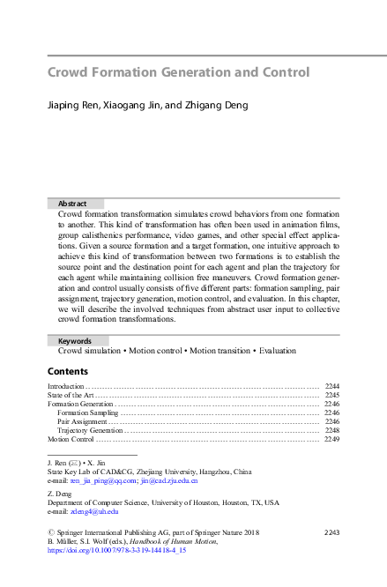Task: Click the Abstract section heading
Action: (x=72, y=204)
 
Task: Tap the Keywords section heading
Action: (x=75, y=340)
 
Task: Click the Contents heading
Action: (x=68, y=371)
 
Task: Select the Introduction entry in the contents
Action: (x=66, y=386)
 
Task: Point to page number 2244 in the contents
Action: (x=332, y=386)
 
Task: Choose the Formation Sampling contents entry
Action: (x=87, y=412)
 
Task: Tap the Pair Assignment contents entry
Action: (x=82, y=421)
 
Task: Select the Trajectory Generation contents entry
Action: (x=90, y=430)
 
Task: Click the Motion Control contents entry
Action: (x=71, y=439)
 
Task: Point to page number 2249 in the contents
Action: (x=332, y=439)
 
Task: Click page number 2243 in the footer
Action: (x=332, y=531)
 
